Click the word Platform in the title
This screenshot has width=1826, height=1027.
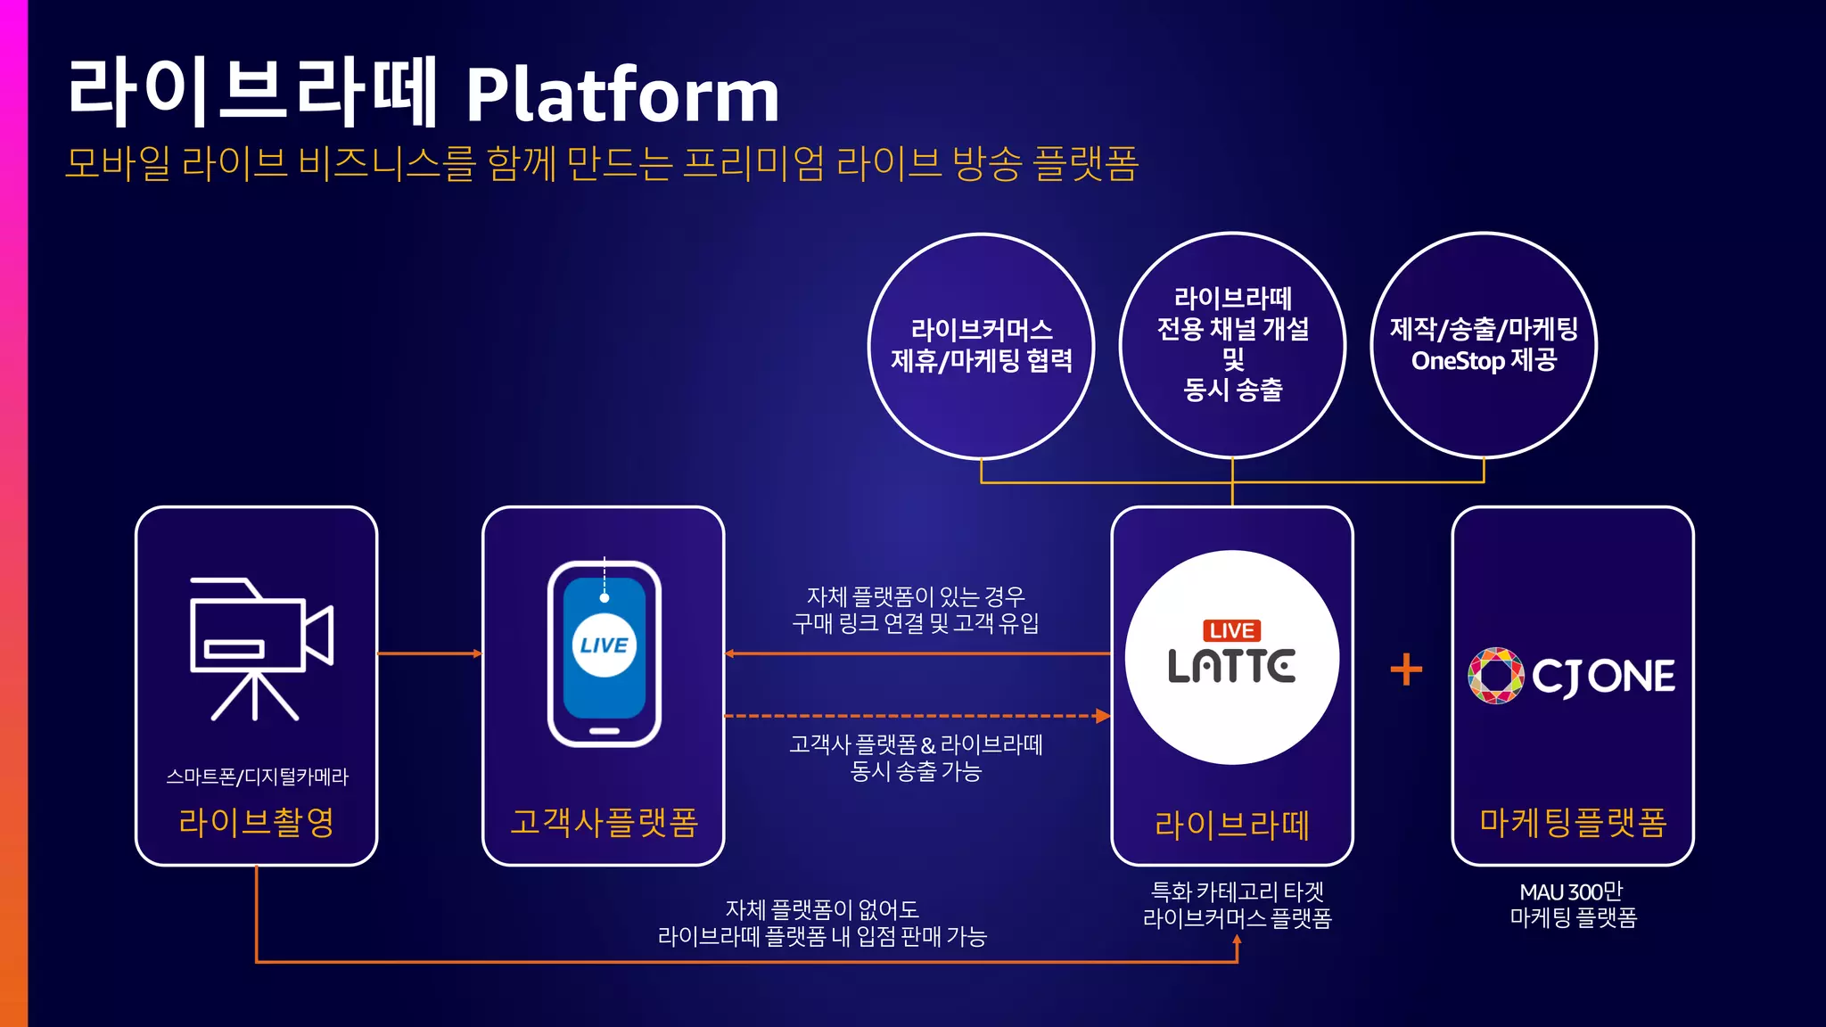pyautogui.click(x=622, y=94)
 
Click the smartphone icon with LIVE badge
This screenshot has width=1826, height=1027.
pyautogui.click(x=604, y=653)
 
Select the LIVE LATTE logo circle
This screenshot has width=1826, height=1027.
pyautogui.click(x=1231, y=658)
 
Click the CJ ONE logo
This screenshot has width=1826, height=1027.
pyautogui.click(x=1571, y=676)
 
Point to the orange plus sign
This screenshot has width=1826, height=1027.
pyautogui.click(x=1406, y=670)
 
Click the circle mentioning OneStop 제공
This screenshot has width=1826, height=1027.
pyautogui.click(x=1484, y=346)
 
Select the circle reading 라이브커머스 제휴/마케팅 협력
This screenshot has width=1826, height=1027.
pyautogui.click(x=981, y=346)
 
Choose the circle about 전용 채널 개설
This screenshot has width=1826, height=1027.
pyautogui.click(x=1232, y=346)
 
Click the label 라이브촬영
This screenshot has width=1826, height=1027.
pyautogui.click(x=256, y=822)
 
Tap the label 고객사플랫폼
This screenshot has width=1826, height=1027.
pyautogui.click(x=604, y=822)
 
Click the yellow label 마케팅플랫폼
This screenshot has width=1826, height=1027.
pyautogui.click(x=1573, y=822)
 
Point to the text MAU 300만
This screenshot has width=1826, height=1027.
pyautogui.click(x=1571, y=891)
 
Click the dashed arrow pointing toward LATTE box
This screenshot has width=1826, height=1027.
pyautogui.click(x=918, y=716)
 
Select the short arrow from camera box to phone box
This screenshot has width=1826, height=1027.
pyautogui.click(x=430, y=653)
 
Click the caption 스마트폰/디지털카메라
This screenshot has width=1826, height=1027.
pyautogui.click(x=257, y=776)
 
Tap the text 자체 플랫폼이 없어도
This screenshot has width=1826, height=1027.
pyautogui.click(x=821, y=909)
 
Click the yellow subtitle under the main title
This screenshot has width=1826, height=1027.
pyautogui.click(x=602, y=164)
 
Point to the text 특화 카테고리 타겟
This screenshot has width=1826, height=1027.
pyautogui.click(x=1237, y=891)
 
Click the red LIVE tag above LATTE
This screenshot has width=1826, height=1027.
pyautogui.click(x=1231, y=631)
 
